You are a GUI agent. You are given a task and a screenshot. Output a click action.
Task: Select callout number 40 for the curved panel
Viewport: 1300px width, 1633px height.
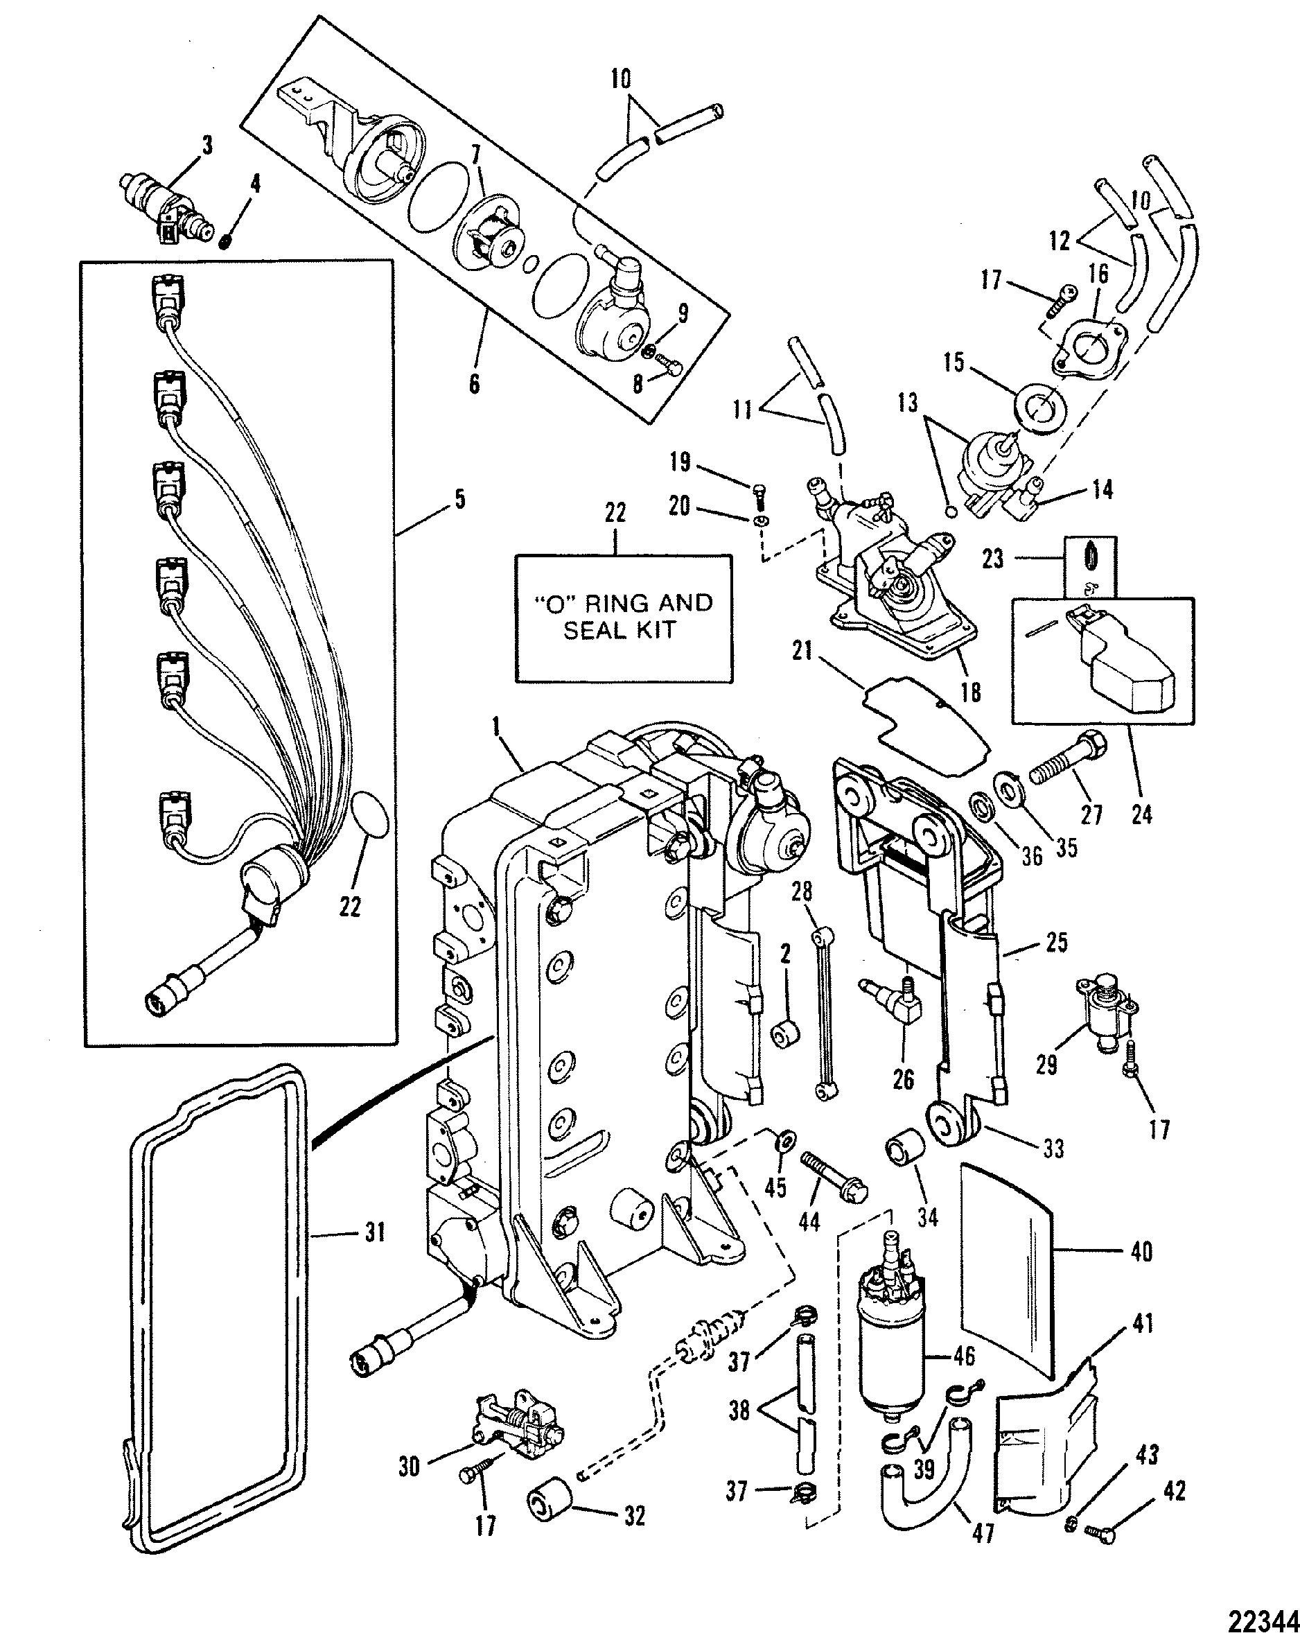click(1141, 1250)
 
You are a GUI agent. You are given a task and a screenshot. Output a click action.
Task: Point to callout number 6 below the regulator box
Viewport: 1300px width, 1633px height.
click(474, 383)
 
